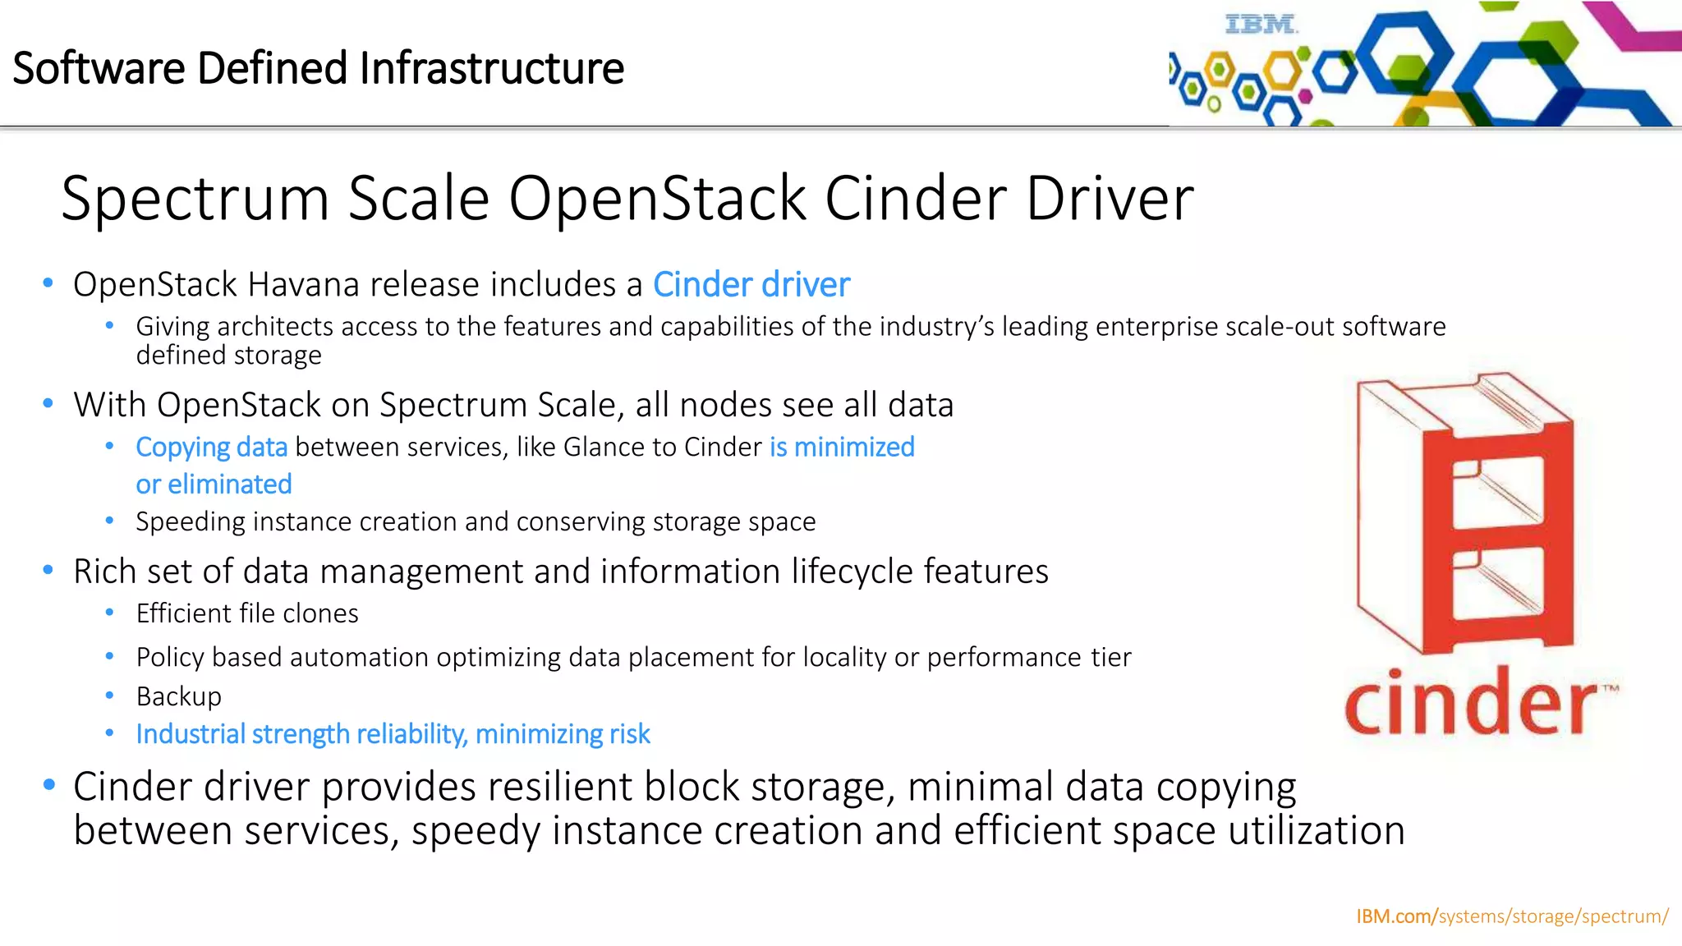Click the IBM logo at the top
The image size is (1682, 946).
pos(1261,25)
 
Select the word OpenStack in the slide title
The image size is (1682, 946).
pos(657,199)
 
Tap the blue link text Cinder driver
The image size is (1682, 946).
pos(751,285)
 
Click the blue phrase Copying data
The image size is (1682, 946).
pos(211,447)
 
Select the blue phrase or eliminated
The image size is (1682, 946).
pos(214,484)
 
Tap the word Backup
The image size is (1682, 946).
pos(179,696)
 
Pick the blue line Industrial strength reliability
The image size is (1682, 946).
pos(393,733)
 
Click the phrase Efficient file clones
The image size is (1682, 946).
pos(247,613)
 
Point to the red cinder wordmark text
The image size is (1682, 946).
pos(1470,703)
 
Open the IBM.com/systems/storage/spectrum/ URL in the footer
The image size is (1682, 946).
pos(1511,916)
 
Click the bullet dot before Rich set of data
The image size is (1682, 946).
pos(48,570)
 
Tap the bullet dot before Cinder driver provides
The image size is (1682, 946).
pos(49,785)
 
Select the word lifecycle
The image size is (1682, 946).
pos(852,572)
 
